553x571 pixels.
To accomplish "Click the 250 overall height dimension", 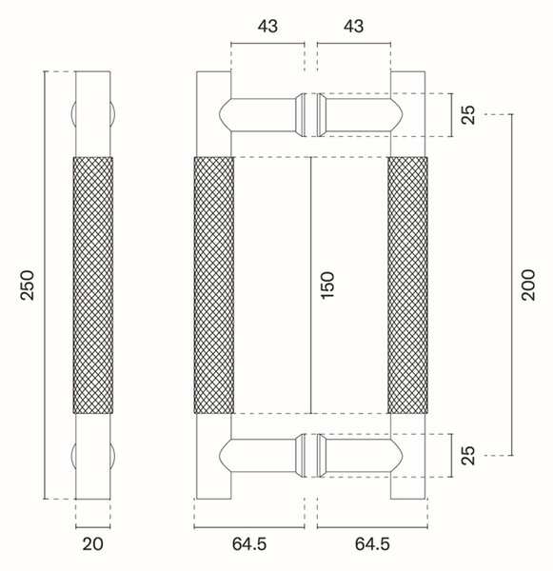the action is pos(28,285).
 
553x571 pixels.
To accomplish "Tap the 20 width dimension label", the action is pos(92,544).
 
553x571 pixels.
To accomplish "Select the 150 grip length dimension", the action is pos(327,285).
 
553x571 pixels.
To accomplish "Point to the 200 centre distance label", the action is pos(528,285).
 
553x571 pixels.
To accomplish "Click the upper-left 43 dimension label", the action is pos(267,27).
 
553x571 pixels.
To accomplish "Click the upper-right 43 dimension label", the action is pos(354,27).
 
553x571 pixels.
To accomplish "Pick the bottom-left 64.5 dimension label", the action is pos(249,544).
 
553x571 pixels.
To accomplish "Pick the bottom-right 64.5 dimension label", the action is pos(372,544).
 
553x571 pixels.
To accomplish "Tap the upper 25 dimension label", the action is pos(468,115).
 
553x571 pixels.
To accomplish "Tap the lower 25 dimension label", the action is pos(468,455).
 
